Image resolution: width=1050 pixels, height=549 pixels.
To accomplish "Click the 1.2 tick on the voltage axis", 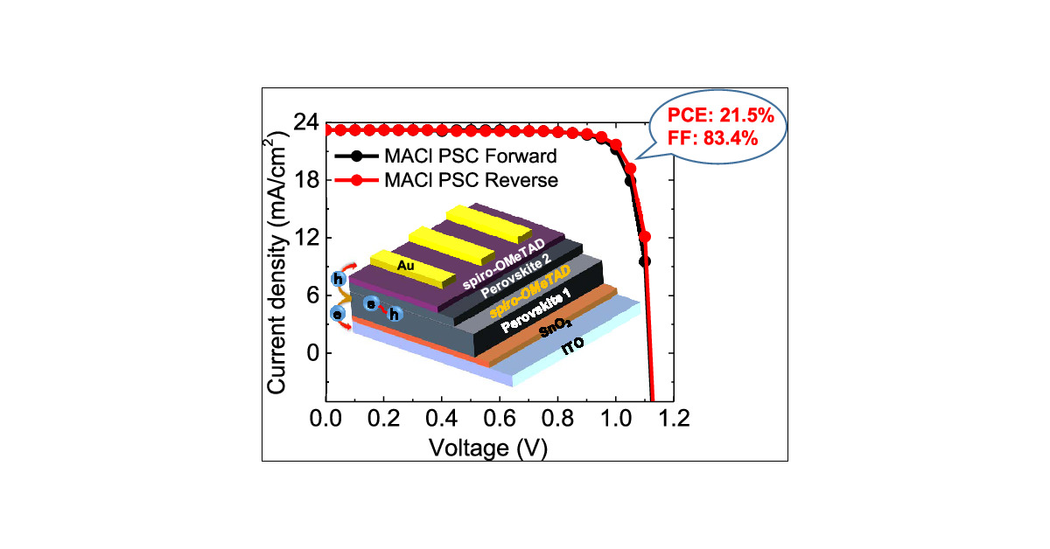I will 671,419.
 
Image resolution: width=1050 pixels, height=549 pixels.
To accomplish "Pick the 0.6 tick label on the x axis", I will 499,419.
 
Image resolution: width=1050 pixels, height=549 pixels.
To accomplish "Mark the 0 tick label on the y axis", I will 309,353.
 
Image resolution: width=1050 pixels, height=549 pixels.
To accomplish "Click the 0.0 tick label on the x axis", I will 326,419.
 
